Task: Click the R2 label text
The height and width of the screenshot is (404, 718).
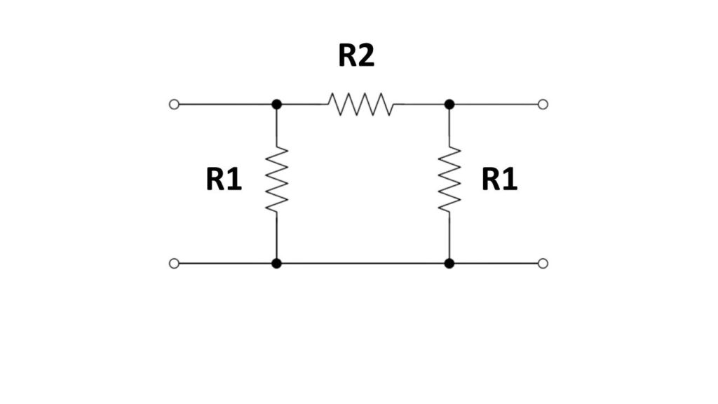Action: pyautogui.click(x=356, y=56)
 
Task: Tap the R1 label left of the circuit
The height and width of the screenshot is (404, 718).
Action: pyautogui.click(x=224, y=180)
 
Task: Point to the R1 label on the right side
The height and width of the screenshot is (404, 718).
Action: pyautogui.click(x=499, y=180)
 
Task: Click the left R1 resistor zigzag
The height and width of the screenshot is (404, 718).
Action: pyautogui.click(x=277, y=180)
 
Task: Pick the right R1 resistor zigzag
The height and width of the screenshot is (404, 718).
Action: pyautogui.click(x=449, y=180)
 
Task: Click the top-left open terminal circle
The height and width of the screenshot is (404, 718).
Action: pyautogui.click(x=175, y=105)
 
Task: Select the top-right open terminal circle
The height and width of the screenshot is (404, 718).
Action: pyautogui.click(x=543, y=105)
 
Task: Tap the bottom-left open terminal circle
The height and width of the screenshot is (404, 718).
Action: pyautogui.click(x=175, y=264)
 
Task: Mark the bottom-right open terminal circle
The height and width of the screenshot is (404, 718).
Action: pyautogui.click(x=543, y=264)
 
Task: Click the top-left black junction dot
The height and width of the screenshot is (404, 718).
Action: pyautogui.click(x=277, y=105)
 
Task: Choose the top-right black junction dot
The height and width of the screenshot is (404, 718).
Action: pyautogui.click(x=449, y=105)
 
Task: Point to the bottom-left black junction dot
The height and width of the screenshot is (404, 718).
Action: pyautogui.click(x=277, y=264)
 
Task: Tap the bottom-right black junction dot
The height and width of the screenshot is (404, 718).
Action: pyautogui.click(x=449, y=264)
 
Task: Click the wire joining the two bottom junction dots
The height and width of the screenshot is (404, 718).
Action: pyautogui.click(x=363, y=264)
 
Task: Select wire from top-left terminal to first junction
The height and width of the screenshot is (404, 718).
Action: pyautogui.click(x=224, y=105)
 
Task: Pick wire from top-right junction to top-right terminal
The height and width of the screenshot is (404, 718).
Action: pyautogui.click(x=495, y=105)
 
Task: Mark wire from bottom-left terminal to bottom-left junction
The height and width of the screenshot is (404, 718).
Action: pyautogui.click(x=224, y=264)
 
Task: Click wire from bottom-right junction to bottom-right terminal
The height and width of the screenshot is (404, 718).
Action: pyautogui.click(x=495, y=264)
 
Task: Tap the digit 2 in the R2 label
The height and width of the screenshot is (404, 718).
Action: pyautogui.click(x=366, y=56)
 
